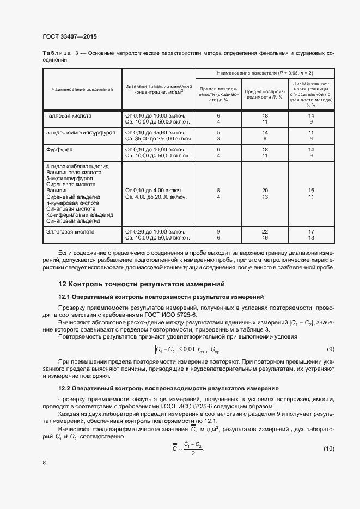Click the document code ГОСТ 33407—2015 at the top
69,37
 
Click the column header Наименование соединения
82,89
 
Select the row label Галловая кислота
69,116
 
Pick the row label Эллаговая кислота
71,231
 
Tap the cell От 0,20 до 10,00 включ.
157,231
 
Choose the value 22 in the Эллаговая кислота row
265,231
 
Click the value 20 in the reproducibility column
265,190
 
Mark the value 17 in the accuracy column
312,231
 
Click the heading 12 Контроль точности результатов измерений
142,284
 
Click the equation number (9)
330,348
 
